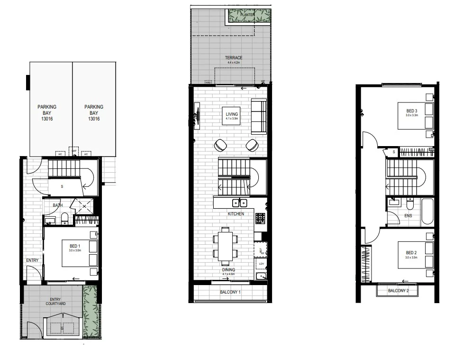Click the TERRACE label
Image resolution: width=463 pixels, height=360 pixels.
[x=233, y=58]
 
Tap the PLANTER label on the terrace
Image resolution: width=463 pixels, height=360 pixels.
[x=247, y=15]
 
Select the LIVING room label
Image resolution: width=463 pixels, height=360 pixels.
[x=232, y=114]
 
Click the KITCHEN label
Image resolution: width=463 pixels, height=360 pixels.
[x=236, y=214]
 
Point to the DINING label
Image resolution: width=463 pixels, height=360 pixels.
[x=228, y=270]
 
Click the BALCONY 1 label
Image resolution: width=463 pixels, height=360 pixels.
[x=230, y=293]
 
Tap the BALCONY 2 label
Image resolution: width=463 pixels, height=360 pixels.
[x=398, y=291]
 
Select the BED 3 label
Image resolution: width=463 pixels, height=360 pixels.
[x=411, y=111]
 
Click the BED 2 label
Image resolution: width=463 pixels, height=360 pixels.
[x=411, y=253]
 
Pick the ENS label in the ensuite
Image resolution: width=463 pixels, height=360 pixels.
[x=408, y=216]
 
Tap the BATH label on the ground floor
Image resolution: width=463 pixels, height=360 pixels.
[x=58, y=205]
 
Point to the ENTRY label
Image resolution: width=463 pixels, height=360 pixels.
[x=32, y=260]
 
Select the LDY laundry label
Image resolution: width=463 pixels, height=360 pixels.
[x=261, y=264]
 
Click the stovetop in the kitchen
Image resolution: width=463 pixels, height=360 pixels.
[x=260, y=218]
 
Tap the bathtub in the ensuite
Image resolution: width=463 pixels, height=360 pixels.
[x=427, y=211]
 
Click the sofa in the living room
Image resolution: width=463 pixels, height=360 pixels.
[x=259, y=117]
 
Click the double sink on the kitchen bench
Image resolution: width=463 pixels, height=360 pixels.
[x=239, y=203]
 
